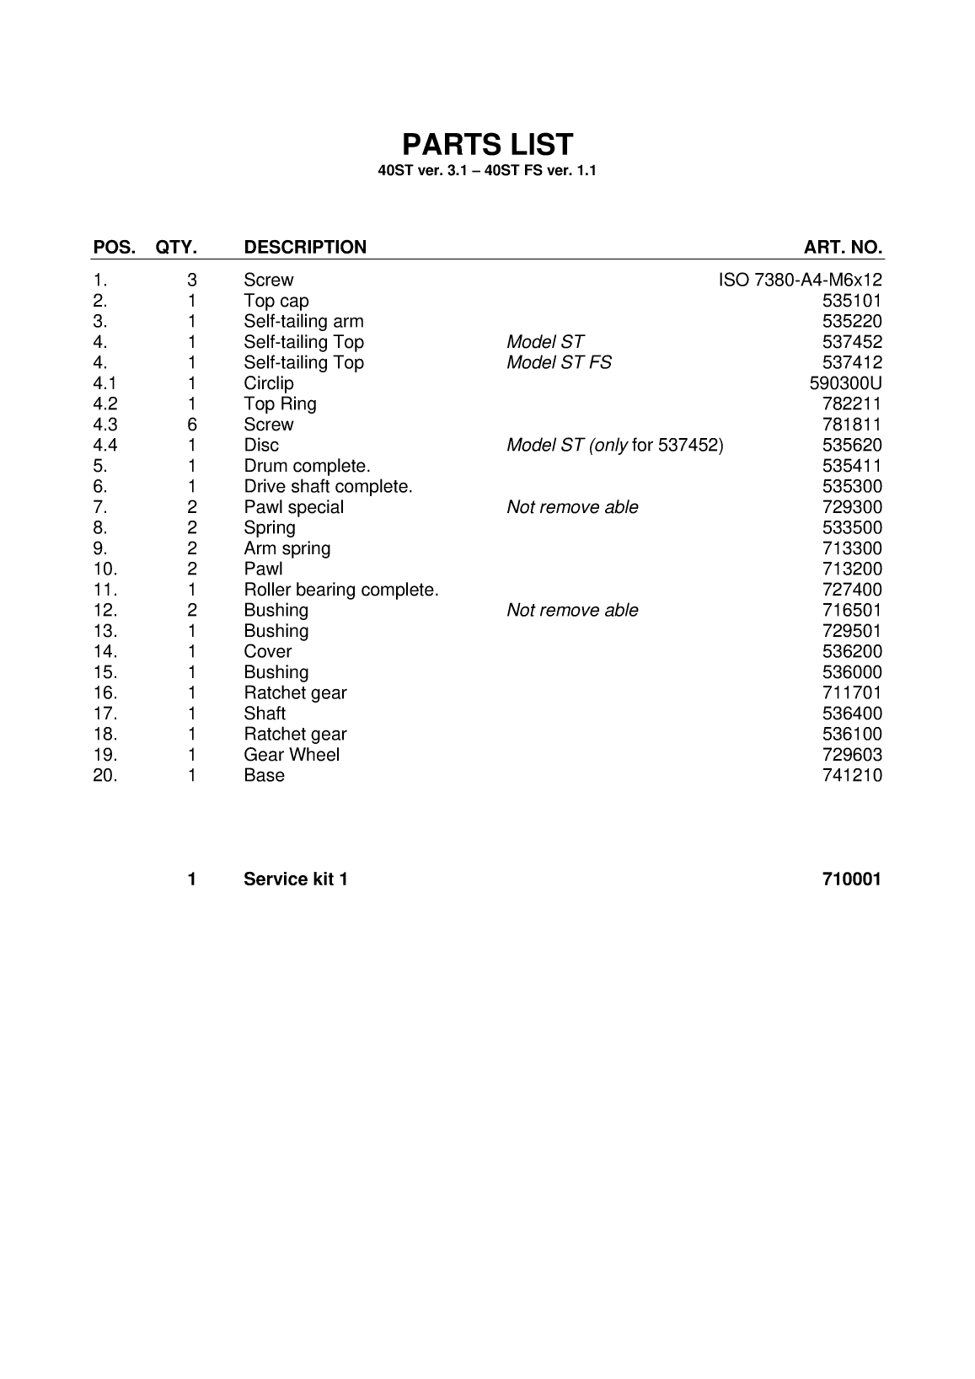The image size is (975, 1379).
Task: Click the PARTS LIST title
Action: pyautogui.click(x=487, y=145)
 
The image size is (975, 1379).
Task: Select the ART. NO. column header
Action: pyautogui.click(x=843, y=248)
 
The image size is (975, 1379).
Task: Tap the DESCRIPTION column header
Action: pyautogui.click(x=305, y=248)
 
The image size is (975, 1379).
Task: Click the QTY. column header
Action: pyautogui.click(x=176, y=248)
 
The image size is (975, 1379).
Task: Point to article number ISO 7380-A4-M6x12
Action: pyautogui.click(x=800, y=281)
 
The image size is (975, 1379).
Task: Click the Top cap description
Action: pyautogui.click(x=276, y=302)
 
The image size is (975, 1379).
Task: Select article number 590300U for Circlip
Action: pyautogui.click(x=845, y=383)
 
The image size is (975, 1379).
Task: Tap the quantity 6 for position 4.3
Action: pyautogui.click(x=192, y=425)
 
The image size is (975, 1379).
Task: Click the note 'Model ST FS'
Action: pyautogui.click(x=559, y=363)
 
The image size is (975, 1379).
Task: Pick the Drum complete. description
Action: pyautogui.click(x=307, y=466)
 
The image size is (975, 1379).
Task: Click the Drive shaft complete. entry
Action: pyautogui.click(x=328, y=487)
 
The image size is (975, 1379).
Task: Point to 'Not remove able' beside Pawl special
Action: pyautogui.click(x=572, y=507)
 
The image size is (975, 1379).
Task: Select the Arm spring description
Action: pyautogui.click(x=287, y=548)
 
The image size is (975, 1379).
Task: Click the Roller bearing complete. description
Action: pyautogui.click(x=341, y=590)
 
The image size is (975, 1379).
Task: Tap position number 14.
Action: pyautogui.click(x=104, y=652)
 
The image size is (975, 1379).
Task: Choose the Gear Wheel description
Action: pyautogui.click(x=292, y=755)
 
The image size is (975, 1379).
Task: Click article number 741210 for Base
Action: pyautogui.click(x=852, y=776)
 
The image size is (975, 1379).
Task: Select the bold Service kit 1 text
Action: pyautogui.click(x=296, y=879)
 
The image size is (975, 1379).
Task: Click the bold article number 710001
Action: pyautogui.click(x=851, y=879)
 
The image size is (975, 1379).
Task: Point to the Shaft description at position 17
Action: pyautogui.click(x=265, y=714)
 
